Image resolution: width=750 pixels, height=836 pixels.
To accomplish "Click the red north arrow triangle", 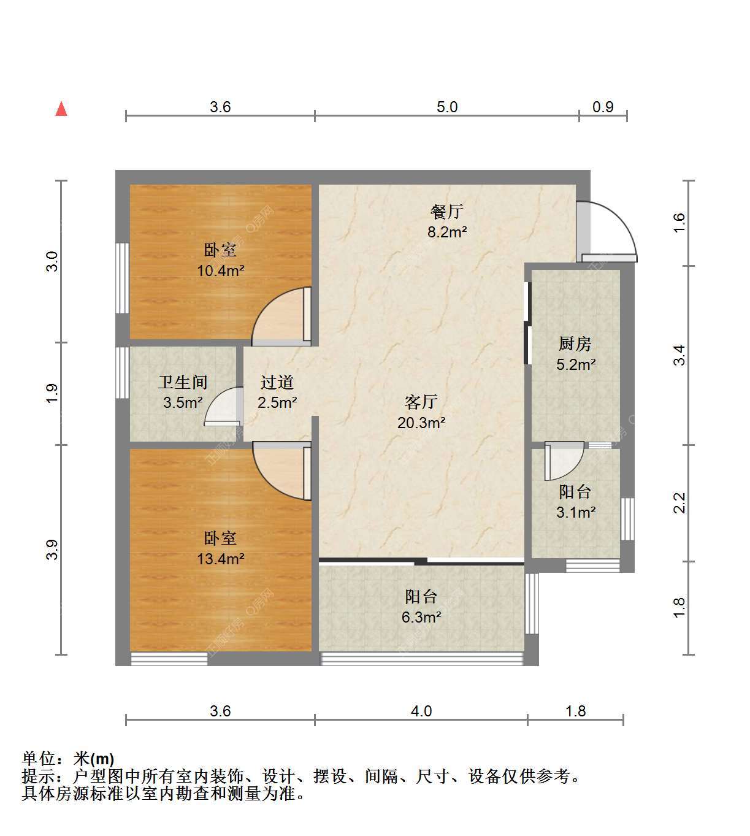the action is [x=61, y=109].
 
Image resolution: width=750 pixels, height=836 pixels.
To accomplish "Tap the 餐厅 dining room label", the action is [x=447, y=212].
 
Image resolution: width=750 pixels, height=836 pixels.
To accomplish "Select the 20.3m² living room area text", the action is [x=421, y=423].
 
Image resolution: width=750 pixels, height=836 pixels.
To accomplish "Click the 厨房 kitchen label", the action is [x=575, y=343].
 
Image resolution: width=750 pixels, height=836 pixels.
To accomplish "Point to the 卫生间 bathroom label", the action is [x=183, y=382].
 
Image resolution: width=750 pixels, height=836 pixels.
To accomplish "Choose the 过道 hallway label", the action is [x=277, y=382].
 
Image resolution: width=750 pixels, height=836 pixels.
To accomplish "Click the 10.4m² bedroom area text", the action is [x=220, y=271].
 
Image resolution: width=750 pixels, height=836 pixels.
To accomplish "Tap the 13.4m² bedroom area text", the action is [x=220, y=559].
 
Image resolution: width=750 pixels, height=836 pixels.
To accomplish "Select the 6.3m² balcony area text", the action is [x=421, y=617].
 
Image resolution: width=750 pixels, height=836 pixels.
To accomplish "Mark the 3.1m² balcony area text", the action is [x=576, y=513].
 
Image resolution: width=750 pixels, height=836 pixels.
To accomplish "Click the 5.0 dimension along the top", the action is [x=447, y=107].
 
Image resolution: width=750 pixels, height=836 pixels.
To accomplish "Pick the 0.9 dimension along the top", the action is [x=603, y=107].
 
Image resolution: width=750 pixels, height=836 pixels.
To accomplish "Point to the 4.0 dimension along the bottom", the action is [x=421, y=711].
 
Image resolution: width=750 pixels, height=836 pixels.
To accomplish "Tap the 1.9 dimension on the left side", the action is [x=52, y=394].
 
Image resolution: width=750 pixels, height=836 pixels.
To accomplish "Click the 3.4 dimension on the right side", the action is [x=679, y=355].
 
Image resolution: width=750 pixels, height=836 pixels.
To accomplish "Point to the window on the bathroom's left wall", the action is [x=122, y=372].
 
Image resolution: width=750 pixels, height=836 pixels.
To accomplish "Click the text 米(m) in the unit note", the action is [x=94, y=759].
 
